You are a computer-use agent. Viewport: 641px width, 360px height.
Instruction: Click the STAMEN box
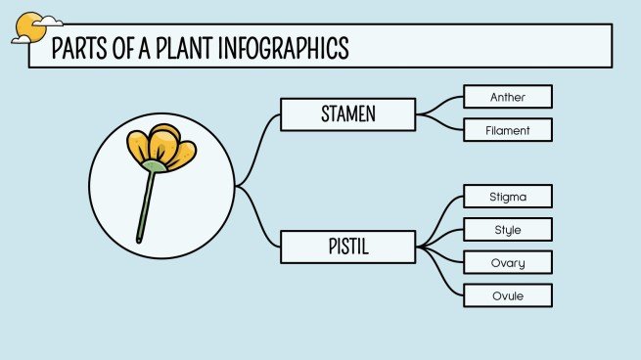347,114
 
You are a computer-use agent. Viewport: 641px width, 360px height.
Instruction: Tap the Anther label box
507,96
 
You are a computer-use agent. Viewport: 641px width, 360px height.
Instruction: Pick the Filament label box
507,129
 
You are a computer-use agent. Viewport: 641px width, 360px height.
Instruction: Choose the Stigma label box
507,196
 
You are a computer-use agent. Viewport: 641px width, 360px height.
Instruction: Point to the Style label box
507,230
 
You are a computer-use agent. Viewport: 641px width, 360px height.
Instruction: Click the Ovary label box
507,262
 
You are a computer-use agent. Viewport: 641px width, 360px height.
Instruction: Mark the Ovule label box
507,295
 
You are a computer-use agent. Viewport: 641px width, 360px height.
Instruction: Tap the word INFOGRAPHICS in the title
278,47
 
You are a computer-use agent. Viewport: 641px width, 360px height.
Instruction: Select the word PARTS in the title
77,47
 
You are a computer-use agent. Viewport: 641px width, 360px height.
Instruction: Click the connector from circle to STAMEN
257,147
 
